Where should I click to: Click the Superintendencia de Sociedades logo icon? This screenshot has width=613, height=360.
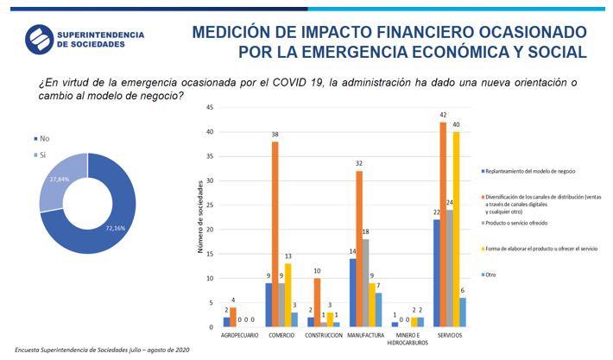point(39,39)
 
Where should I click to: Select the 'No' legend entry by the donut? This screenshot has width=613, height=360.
point(41,138)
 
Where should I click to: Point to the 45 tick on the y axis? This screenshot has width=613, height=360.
point(212,107)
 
